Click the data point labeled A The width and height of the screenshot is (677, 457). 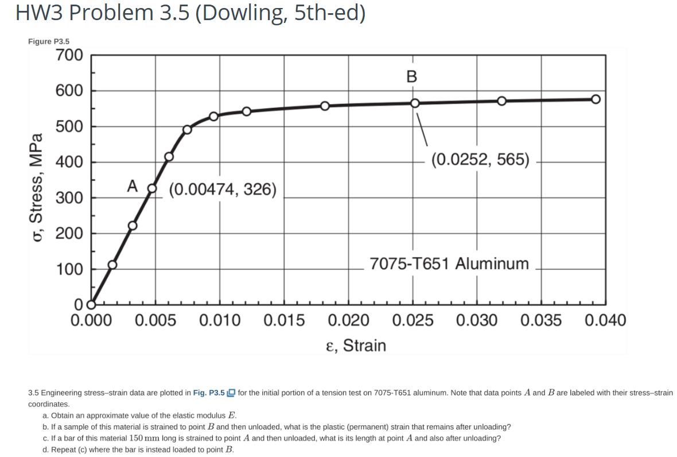[152, 188]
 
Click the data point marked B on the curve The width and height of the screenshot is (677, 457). [415, 103]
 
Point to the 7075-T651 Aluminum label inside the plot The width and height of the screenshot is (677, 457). [449, 264]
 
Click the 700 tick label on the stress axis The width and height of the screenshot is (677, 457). [70, 56]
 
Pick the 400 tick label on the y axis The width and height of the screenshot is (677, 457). [70, 162]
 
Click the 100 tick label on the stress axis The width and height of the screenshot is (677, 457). [70, 269]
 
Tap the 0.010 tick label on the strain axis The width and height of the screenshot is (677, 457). [220, 320]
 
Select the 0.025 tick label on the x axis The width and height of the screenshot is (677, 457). [413, 320]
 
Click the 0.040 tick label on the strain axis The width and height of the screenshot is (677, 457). [606, 320]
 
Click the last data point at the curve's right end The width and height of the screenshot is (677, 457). [596, 99]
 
